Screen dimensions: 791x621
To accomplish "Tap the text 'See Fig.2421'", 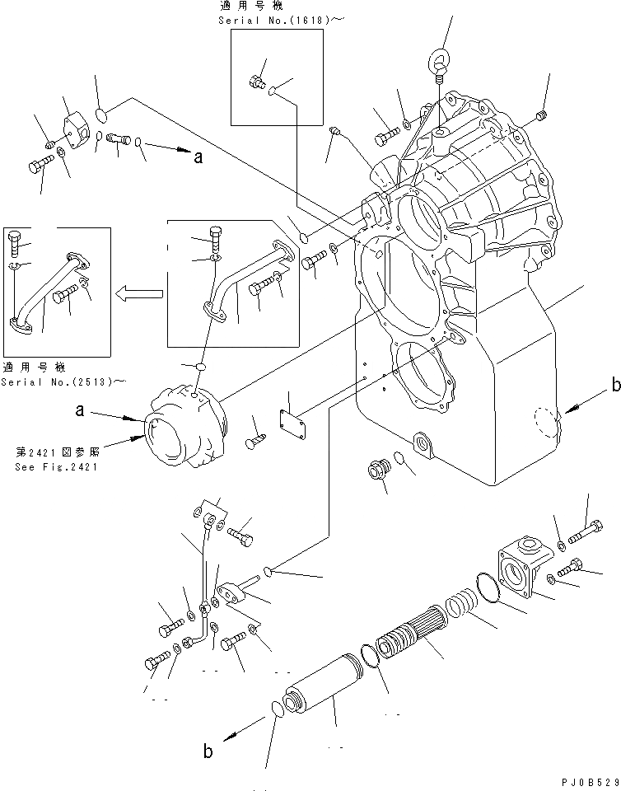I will [56, 467].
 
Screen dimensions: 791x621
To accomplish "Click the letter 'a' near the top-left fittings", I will [198, 159].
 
